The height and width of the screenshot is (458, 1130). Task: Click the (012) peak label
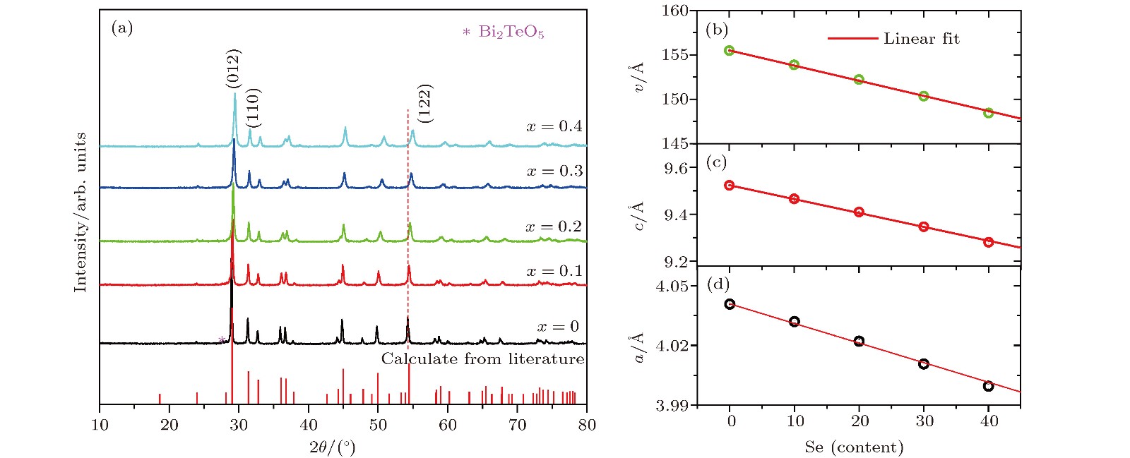tap(234, 68)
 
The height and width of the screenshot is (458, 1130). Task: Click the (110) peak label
tap(254, 107)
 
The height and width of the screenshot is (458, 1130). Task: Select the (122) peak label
tap(424, 103)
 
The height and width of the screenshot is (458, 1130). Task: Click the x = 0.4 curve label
tap(554, 126)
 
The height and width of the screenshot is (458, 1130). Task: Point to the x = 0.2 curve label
tap(554, 227)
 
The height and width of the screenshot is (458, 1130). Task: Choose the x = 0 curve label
tap(558, 327)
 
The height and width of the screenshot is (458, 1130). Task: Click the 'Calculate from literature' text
tap(483, 359)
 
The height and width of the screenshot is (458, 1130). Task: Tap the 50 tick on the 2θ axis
tap(378, 425)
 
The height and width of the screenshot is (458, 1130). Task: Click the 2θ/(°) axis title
tap(332, 447)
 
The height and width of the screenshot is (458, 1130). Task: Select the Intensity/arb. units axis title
tap(81, 212)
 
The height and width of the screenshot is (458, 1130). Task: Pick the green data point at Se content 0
tap(730, 51)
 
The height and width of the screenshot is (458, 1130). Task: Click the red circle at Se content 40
tap(988, 242)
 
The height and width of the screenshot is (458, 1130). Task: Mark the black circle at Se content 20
tap(859, 341)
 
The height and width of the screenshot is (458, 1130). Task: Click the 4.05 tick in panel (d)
tap(671, 287)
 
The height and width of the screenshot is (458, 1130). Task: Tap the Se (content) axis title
tap(854, 447)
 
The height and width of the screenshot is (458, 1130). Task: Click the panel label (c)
tap(717, 162)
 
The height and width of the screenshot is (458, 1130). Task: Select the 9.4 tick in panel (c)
tap(676, 215)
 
